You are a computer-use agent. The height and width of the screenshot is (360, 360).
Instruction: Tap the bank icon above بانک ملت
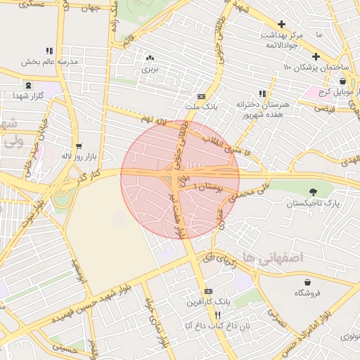pyautogui.click(x=202, y=97)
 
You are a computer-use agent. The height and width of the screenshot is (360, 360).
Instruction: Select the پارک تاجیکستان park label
pyautogui.click(x=313, y=202)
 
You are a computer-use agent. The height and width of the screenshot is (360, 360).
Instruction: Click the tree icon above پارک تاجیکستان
pyautogui.click(x=313, y=191)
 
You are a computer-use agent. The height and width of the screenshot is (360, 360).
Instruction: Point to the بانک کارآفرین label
pyautogui.click(x=207, y=302)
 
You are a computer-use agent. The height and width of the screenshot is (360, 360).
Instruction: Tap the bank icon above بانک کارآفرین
pyautogui.click(x=207, y=291)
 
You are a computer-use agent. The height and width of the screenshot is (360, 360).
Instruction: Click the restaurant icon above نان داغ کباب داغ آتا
pyautogui.click(x=218, y=315)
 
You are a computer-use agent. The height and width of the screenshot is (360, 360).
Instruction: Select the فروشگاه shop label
pyautogui.click(x=307, y=292)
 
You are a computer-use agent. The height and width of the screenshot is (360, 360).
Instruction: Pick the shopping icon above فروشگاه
pyautogui.click(x=307, y=281)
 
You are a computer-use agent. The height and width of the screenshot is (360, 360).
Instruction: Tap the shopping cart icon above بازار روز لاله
pyautogui.click(x=79, y=145)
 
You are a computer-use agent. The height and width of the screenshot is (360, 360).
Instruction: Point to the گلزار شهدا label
pyautogui.click(x=29, y=95)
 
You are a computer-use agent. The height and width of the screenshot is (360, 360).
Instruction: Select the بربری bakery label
pyautogui.click(x=149, y=69)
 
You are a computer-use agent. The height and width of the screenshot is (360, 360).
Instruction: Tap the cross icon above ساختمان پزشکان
pyautogui.click(x=316, y=56)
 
